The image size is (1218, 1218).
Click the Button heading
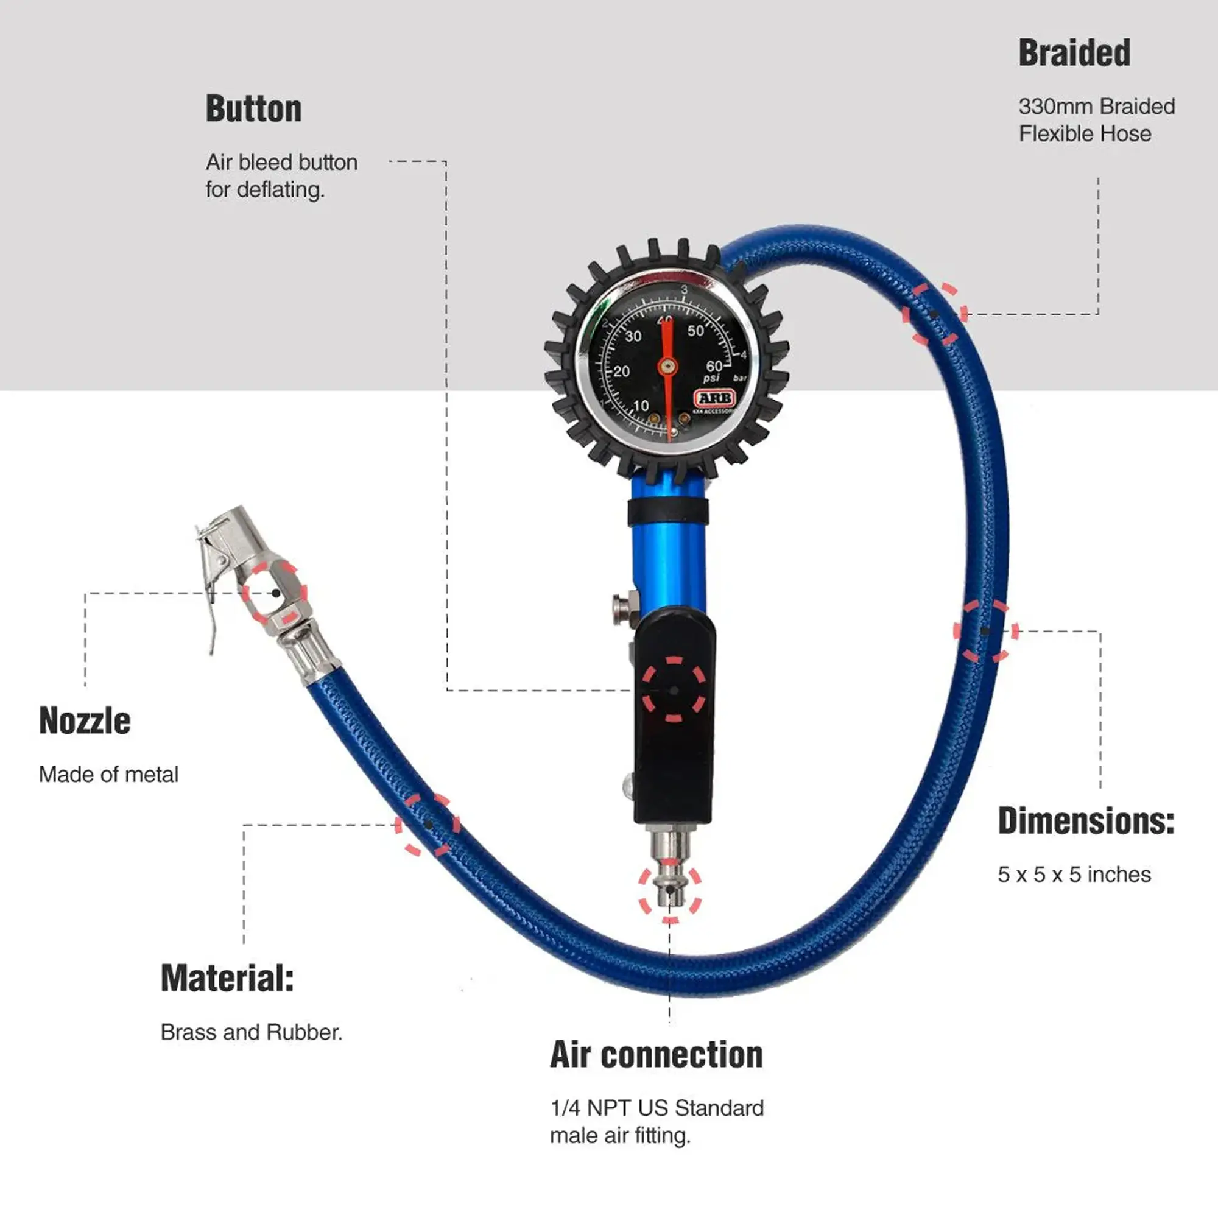(x=253, y=108)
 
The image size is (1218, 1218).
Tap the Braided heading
(x=1074, y=53)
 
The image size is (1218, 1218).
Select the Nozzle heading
(x=85, y=720)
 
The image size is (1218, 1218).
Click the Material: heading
(x=227, y=979)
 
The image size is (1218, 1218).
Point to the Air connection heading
(x=656, y=1055)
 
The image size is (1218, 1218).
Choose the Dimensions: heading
(x=1086, y=822)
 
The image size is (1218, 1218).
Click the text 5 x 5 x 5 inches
(x=1074, y=875)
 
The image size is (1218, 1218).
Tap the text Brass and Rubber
(x=251, y=1033)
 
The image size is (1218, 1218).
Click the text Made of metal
(x=108, y=775)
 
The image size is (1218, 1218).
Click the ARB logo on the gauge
(x=715, y=398)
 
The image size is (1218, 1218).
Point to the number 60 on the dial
(x=714, y=366)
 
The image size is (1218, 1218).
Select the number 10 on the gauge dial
(x=641, y=406)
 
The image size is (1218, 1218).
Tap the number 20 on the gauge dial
(x=621, y=371)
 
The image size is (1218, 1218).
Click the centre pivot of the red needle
(x=667, y=365)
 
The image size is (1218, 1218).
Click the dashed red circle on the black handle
(x=674, y=691)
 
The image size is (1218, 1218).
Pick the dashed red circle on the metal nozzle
(x=275, y=593)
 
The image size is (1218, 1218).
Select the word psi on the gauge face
(x=711, y=378)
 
